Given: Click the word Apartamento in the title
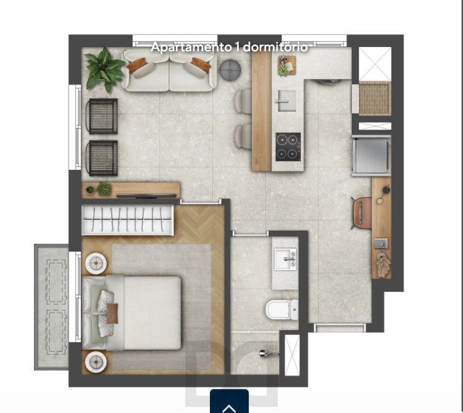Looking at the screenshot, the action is (191, 47).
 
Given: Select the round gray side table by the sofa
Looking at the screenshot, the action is (230, 70).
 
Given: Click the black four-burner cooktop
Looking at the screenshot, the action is (288, 147).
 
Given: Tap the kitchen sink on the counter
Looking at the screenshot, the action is (286, 101).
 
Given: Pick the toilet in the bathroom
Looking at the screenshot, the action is (282, 310).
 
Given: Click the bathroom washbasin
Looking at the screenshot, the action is (285, 259).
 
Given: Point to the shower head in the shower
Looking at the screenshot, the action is (267, 352).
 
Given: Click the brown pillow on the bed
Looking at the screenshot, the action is (112, 313).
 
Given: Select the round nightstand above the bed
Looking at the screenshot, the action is (96, 263).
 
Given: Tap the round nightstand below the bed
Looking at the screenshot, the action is (96, 362).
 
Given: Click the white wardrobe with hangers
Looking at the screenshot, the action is (127, 220).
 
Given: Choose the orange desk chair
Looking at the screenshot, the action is (361, 213).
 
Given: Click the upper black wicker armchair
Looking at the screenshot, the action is (102, 116).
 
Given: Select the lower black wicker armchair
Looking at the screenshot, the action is (102, 158).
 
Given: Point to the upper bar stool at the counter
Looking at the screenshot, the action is (243, 101).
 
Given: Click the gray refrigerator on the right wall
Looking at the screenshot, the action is (372, 156).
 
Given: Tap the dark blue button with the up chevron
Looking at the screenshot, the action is (229, 401).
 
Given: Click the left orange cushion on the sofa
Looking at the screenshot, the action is (136, 65).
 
